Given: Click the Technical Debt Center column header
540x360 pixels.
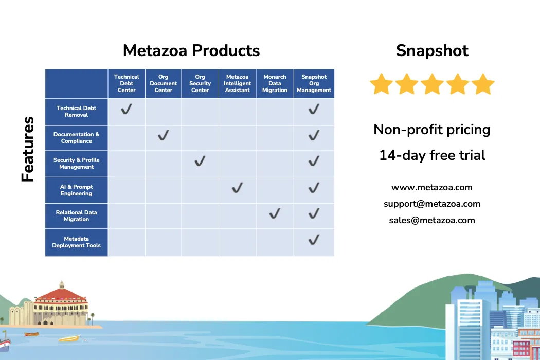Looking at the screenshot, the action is (x=127, y=83).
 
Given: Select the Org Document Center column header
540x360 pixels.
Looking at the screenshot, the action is (x=163, y=83).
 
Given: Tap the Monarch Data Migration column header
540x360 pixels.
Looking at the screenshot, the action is (x=275, y=83).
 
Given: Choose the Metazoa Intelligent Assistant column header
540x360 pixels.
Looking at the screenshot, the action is (x=237, y=83).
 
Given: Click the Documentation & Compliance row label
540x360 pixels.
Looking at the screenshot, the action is (x=77, y=138).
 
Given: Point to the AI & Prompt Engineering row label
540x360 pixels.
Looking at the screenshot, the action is (x=77, y=190).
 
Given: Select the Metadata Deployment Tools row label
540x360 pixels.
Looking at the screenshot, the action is (x=77, y=242).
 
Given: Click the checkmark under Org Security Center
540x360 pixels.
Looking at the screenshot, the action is (x=200, y=161).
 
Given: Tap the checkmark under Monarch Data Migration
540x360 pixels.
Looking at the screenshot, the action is (x=275, y=213).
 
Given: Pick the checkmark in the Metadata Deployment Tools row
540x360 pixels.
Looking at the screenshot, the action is (x=314, y=240).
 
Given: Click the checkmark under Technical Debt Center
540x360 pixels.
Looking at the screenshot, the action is (x=127, y=109).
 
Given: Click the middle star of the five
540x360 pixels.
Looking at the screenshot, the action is (x=432, y=83).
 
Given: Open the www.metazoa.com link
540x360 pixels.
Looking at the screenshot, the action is (x=432, y=187).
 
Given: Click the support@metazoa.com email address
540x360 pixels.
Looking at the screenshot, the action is (x=432, y=204).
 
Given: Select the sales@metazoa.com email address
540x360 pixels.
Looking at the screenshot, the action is (x=432, y=221).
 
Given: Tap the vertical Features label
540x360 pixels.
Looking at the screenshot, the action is (x=28, y=149).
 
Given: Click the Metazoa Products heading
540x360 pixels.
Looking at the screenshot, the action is (x=191, y=50).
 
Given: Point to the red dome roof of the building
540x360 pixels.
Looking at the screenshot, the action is (x=61, y=294).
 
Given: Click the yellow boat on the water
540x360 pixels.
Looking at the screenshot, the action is (x=69, y=339).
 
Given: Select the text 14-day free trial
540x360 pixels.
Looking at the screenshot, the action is (x=432, y=155).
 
